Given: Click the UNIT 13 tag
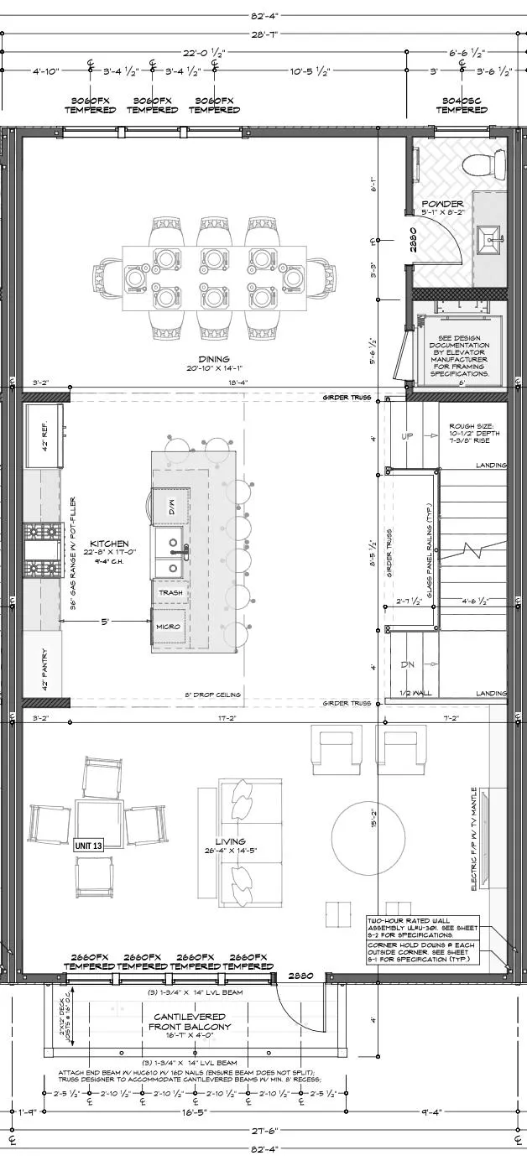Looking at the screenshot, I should [89, 846].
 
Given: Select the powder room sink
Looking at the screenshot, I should [489, 240].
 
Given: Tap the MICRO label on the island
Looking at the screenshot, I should [164, 627].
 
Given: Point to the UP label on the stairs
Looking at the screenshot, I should [409, 437].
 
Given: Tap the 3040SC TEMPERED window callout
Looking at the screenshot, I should [461, 104].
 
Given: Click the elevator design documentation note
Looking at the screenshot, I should [459, 353].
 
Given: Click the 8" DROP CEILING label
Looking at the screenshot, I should [213, 695].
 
